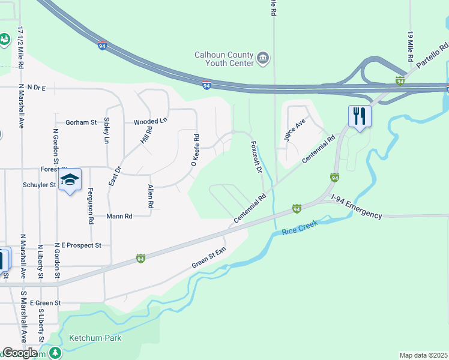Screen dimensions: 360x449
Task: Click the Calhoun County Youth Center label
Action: point(223,58)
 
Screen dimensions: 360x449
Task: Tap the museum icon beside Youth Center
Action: point(262,58)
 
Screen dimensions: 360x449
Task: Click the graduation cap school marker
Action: point(70,179)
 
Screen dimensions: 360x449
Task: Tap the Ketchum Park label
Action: point(95,338)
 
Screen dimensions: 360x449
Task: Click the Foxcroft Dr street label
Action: point(256,157)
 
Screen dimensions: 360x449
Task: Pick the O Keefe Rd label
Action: point(194,150)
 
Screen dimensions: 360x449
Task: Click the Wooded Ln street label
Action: point(150,121)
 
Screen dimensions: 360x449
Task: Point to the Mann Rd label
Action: point(119,216)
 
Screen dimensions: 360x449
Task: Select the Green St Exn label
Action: point(208,257)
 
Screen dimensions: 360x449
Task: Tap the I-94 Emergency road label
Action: point(357,211)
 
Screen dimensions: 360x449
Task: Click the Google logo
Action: point(20,353)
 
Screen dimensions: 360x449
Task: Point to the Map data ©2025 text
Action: point(423,355)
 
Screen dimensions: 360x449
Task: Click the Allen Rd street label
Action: point(151,196)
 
